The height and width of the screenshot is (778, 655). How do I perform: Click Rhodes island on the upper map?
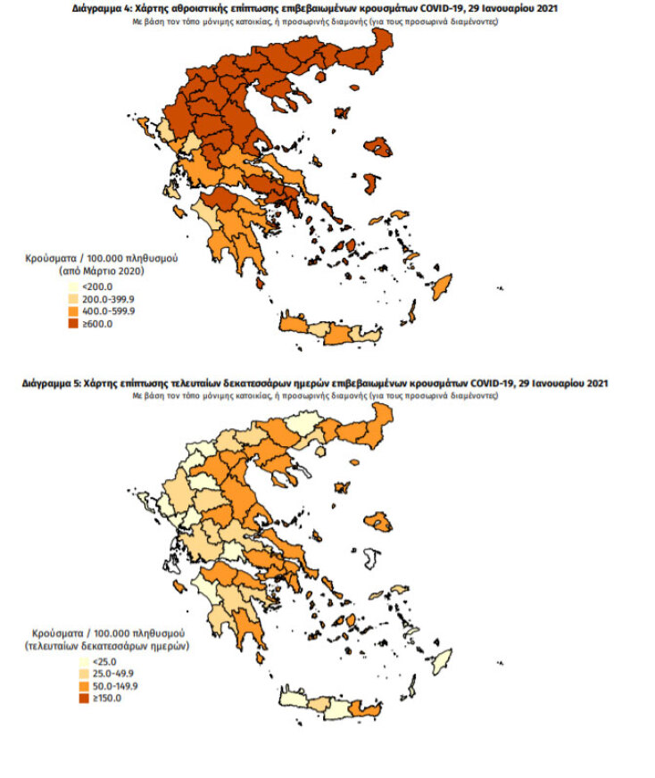(x=440, y=287)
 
